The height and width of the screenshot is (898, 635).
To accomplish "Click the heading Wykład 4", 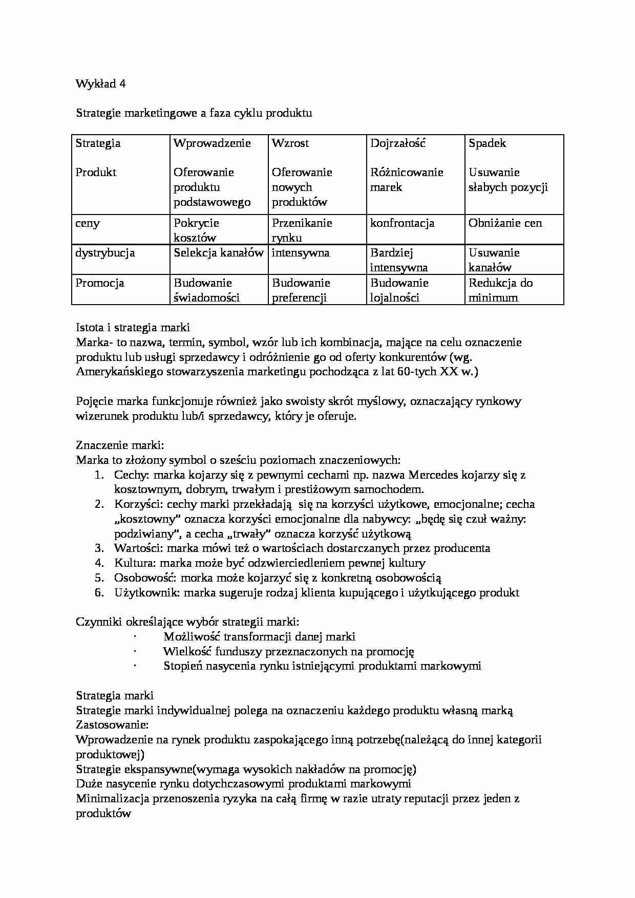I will (100, 84).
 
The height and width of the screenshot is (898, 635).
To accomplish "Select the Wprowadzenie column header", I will (212, 143).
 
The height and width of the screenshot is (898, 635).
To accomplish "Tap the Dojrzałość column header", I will (398, 143).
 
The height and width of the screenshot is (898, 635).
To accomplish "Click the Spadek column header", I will (487, 143).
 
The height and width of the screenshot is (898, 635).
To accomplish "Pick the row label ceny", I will (88, 223).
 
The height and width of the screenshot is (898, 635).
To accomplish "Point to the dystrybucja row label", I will (105, 253).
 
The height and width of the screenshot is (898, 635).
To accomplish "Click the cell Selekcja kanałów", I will (218, 253).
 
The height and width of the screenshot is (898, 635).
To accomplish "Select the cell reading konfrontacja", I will (402, 223).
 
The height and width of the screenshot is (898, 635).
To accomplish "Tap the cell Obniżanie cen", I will (505, 223).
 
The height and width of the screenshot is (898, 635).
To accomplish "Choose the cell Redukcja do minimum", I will (500, 290).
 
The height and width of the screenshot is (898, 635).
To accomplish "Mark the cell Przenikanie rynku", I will (302, 230).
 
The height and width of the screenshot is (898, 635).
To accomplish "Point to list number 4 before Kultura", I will (99, 563).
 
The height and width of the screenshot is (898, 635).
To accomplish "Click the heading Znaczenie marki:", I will (120, 445).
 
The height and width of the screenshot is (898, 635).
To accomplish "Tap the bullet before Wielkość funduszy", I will (135, 651).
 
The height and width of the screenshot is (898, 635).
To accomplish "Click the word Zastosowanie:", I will (112, 725).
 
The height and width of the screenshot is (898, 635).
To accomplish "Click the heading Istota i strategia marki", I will (133, 327).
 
